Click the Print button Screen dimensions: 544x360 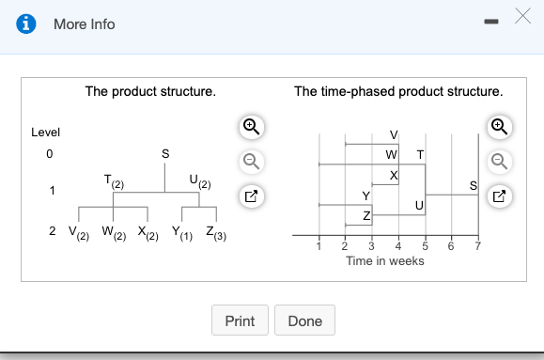pyautogui.click(x=240, y=321)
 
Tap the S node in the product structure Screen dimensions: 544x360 pyautogui.click(x=166, y=152)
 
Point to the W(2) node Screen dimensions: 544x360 pyautogui.click(x=109, y=231)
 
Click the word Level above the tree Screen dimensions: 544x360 pyautogui.click(x=46, y=133)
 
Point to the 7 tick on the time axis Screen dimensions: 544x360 pyautogui.click(x=477, y=247)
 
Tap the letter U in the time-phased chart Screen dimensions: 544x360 pyautogui.click(x=419, y=206)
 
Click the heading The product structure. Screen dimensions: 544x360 pyautogui.click(x=150, y=92)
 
